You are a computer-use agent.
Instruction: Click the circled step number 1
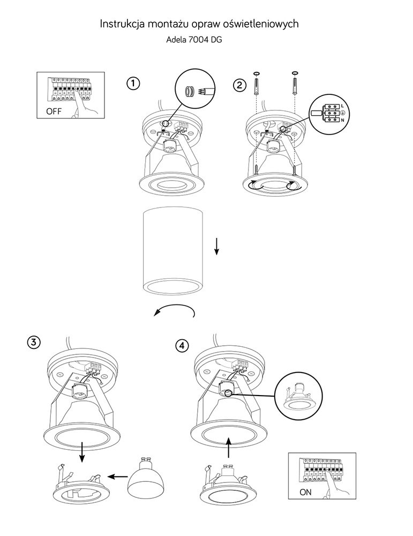133,84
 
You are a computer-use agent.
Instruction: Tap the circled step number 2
241,84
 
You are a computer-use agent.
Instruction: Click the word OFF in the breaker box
54,113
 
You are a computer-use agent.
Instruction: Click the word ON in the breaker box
305,491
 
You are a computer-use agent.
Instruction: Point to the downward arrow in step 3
82,451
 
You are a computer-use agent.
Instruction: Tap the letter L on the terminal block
342,105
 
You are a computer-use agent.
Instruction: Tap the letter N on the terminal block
342,121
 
